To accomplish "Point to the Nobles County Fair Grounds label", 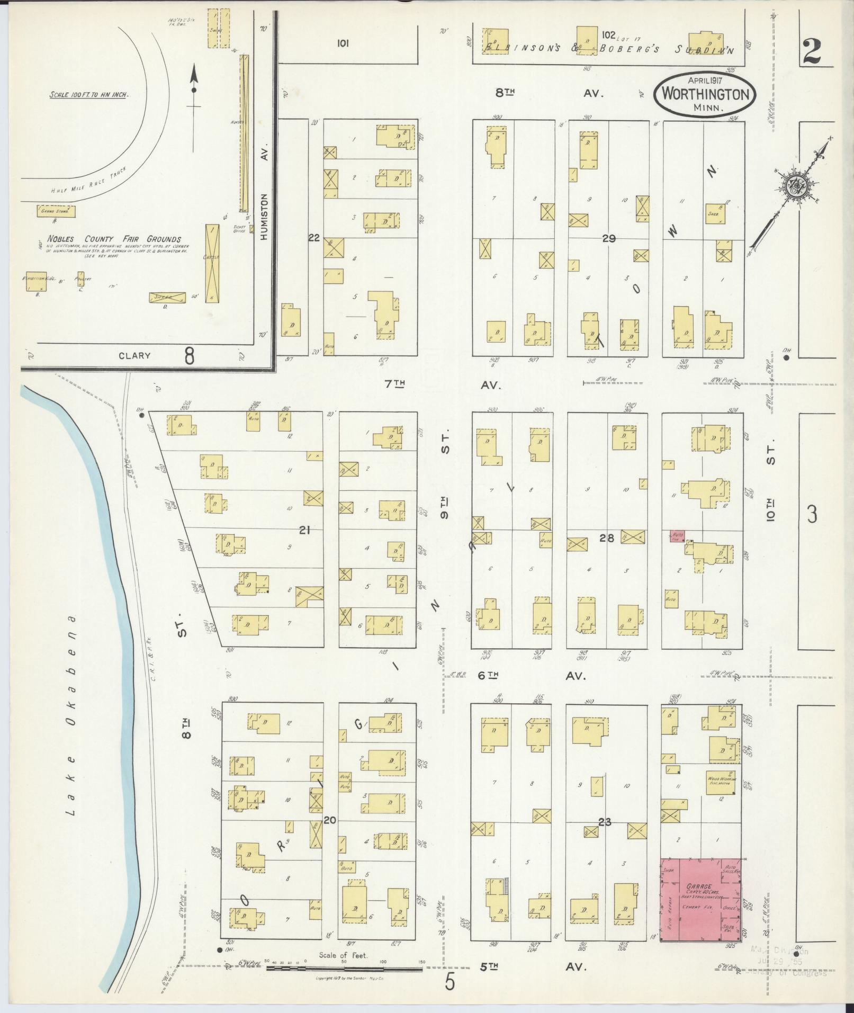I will [x=113, y=239].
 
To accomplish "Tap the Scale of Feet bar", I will [x=344, y=969].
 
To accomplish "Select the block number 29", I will [x=608, y=238].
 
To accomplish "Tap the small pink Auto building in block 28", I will [x=677, y=536].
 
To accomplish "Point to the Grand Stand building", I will [x=55, y=211].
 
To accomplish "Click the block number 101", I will [x=342, y=44].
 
